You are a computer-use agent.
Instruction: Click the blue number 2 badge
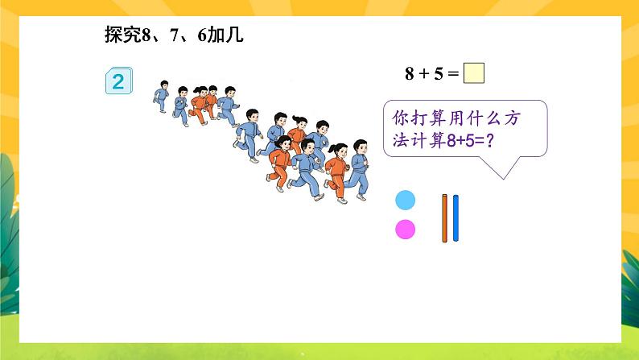pyautogui.click(x=118, y=81)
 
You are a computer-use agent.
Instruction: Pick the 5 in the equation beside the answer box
pyautogui.click(x=438, y=74)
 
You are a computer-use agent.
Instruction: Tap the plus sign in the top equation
pyautogui.click(x=424, y=74)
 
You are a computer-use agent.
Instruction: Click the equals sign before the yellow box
pyautogui.click(x=453, y=74)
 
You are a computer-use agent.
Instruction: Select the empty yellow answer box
pyautogui.click(x=475, y=73)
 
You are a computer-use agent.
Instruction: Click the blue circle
pyautogui.click(x=406, y=201)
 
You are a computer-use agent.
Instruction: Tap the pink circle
pyautogui.click(x=406, y=230)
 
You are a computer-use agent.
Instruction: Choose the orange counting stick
pyautogui.click(x=444, y=218)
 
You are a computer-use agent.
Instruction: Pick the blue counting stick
pyautogui.click(x=456, y=218)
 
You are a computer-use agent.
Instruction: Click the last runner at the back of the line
pyautogui.click(x=162, y=96)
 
